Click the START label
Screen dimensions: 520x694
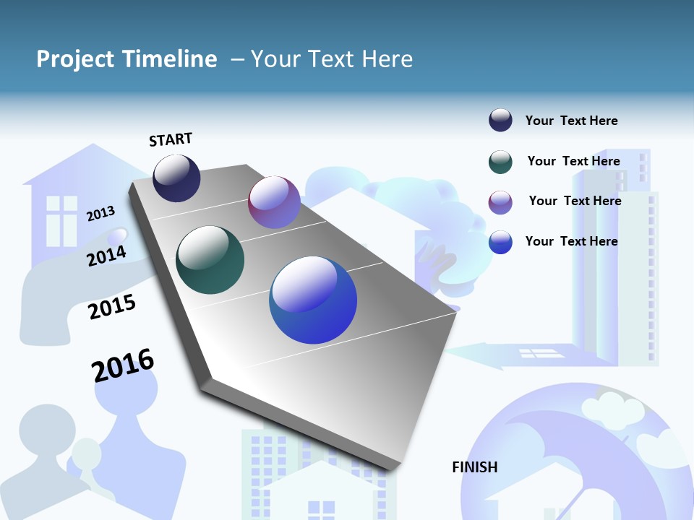[171, 139]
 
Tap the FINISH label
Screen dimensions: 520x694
[474, 467]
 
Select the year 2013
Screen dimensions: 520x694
[101, 213]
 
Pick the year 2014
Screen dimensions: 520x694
[106, 256]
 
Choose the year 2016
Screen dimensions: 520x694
[123, 365]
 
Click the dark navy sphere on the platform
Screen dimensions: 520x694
[176, 178]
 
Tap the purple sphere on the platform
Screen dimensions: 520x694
[274, 202]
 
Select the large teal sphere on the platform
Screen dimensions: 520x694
[210, 260]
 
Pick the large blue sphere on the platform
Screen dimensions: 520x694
[313, 300]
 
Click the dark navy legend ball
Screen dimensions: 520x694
[500, 121]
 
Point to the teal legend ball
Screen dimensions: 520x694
[500, 162]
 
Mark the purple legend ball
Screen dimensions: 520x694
[500, 202]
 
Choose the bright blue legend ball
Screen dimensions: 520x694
[500, 242]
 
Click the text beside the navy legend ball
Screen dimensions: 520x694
[571, 121]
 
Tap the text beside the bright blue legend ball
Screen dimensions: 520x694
[571, 241]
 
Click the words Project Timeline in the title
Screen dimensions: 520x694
[127, 59]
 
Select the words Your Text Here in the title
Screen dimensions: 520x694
[332, 59]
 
